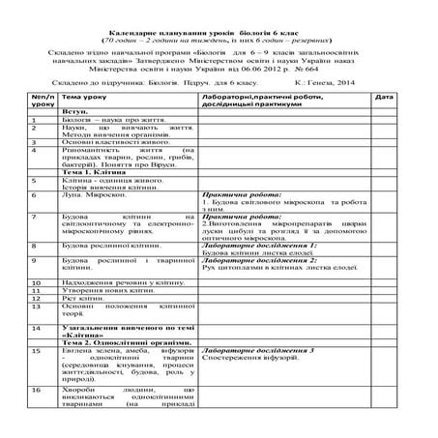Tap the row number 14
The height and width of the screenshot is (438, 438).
tap(36, 328)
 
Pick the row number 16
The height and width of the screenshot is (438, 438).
tap(36, 389)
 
